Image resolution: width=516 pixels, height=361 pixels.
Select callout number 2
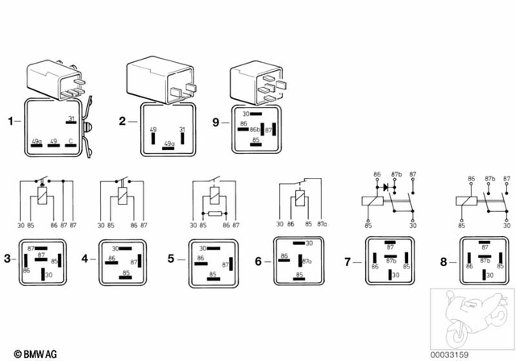(123, 122)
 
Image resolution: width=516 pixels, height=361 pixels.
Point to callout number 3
(6, 259)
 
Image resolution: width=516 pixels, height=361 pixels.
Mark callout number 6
(258, 261)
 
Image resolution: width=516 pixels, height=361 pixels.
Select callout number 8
(443, 262)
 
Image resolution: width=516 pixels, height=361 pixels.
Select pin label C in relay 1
(71, 142)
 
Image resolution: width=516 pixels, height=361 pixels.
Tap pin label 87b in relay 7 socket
(389, 262)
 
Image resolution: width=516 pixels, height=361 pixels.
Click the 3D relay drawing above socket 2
(161, 81)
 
